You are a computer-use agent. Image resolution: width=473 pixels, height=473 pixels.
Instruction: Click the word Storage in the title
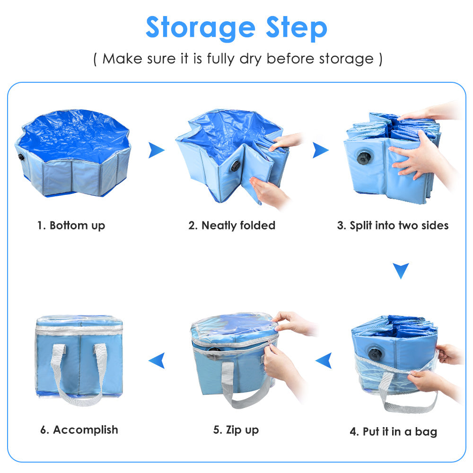coord(200,28)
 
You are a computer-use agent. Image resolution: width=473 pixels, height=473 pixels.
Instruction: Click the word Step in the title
coord(297,28)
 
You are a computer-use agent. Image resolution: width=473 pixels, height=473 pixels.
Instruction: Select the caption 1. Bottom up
coord(71,226)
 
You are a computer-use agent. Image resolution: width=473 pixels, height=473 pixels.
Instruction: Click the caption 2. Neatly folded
coord(232,225)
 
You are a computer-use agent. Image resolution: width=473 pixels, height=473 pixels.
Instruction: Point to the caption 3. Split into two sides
coord(393,225)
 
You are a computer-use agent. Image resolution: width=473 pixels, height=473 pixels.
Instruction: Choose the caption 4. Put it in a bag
coord(394,432)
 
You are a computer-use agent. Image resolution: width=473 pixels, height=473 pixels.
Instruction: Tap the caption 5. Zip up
coord(236,430)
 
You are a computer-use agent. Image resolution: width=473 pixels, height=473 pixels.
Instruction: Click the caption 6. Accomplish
coord(79,430)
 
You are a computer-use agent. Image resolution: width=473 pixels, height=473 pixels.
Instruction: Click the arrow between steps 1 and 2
coord(156,150)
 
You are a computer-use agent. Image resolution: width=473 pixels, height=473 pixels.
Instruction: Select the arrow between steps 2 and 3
coord(320,150)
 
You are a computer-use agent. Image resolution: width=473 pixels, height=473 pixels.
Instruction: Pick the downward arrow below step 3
coord(401,271)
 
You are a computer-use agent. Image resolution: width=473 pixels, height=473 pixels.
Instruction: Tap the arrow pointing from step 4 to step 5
coord(324,360)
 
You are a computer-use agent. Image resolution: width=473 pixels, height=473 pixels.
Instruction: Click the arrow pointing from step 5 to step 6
coord(157,360)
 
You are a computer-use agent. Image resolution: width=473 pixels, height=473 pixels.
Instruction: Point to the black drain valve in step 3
coord(364,158)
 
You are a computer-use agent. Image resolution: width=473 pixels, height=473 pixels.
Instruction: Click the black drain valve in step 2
coord(236,166)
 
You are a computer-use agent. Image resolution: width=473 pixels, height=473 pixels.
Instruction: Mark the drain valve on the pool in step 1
coord(21,157)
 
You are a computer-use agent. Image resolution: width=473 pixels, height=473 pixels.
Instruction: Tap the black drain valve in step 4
coord(375,353)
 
